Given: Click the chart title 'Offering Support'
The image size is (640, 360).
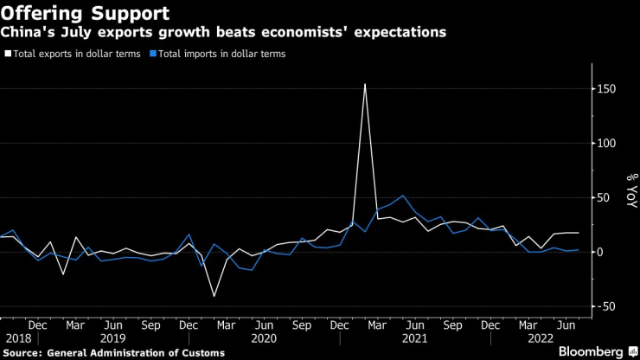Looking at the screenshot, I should coord(85,13).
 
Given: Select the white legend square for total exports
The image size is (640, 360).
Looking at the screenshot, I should coord(8,54).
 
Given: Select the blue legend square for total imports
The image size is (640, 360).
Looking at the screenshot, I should coord(153,54).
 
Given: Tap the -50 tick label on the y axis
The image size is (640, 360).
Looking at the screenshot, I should coord(610,306).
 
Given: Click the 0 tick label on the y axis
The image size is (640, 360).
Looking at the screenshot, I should coord(605,252).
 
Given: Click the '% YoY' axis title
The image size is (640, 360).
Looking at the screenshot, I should coord(630,189).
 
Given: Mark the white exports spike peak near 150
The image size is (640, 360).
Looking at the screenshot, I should coord(365,84).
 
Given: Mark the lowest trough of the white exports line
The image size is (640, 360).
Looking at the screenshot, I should coord(214,296).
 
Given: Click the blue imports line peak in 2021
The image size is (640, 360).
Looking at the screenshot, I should coord(402,196).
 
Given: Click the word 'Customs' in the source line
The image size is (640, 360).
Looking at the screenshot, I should coord(201,353).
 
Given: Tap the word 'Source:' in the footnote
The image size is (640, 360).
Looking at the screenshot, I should coord(24,353).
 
